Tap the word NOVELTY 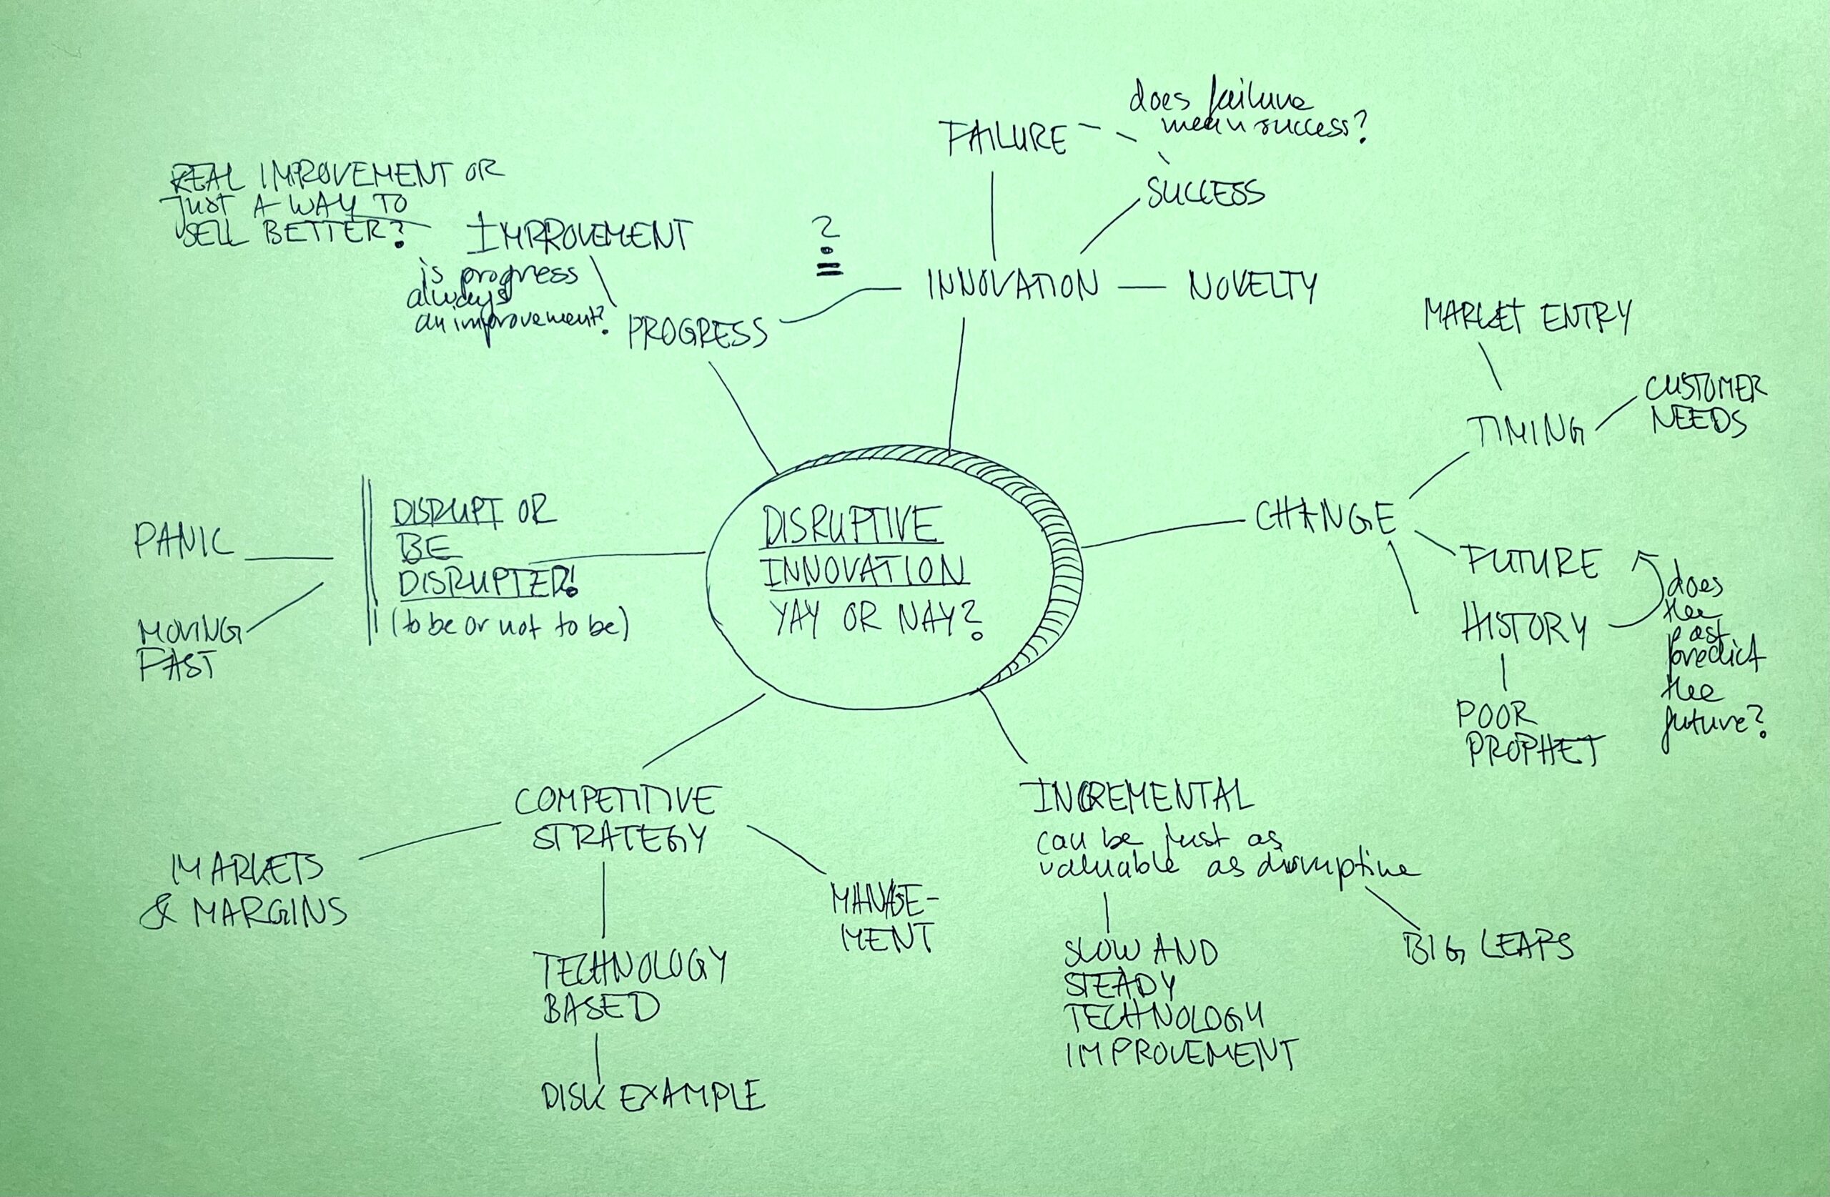[x=1252, y=287]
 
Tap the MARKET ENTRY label [x=1527, y=316]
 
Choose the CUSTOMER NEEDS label [x=1704, y=405]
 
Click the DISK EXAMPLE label [x=653, y=1095]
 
